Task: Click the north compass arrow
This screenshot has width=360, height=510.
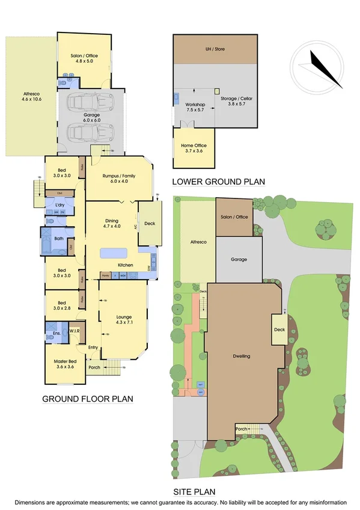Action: coord(323,67)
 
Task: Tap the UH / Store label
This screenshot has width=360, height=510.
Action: coord(215,49)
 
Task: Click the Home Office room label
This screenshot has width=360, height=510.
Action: coord(192,148)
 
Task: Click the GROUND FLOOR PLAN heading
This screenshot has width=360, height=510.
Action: coord(87,399)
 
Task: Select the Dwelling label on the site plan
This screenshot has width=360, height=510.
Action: coord(242,357)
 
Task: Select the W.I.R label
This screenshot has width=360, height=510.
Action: coord(75,331)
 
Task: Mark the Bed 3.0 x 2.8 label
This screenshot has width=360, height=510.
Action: coord(60,306)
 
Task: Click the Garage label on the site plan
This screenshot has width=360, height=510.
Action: coord(239,260)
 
